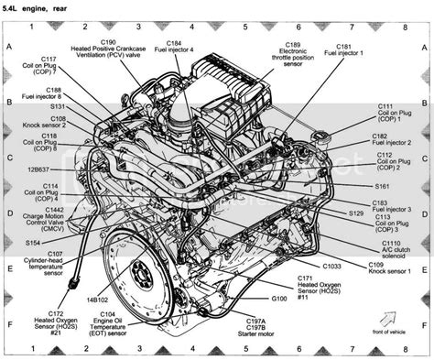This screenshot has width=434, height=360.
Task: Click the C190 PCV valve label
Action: point(107,49)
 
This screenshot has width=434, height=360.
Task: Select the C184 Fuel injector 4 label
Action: point(174,47)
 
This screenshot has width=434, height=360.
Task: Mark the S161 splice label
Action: point(381,186)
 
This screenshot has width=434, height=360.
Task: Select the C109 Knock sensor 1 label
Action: point(389,268)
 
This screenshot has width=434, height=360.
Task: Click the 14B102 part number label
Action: point(99,300)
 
